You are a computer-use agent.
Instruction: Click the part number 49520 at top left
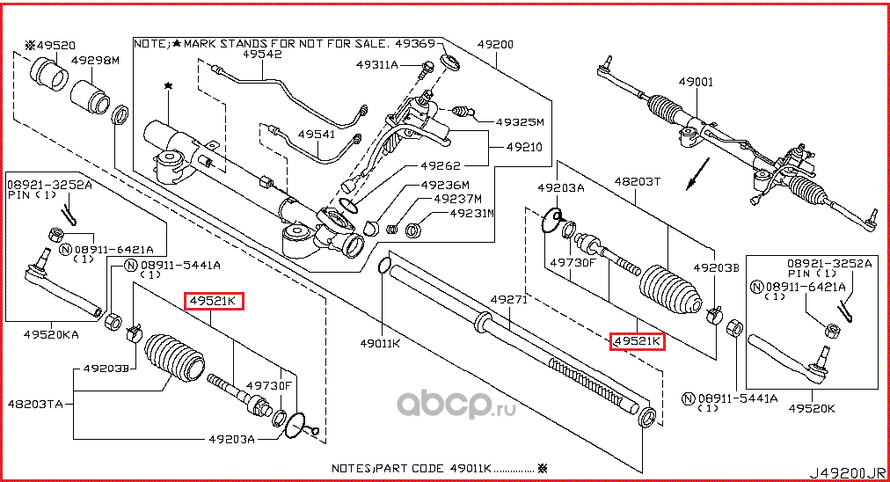[x=55, y=43]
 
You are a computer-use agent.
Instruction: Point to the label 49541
[x=315, y=134]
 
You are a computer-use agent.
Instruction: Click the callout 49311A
[x=377, y=65]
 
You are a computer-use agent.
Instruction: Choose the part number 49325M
[x=520, y=122]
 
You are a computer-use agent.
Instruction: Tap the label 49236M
[x=445, y=185]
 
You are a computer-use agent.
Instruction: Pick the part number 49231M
[x=471, y=213]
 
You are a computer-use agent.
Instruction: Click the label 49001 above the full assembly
[x=696, y=82]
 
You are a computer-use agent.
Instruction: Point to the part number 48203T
[x=637, y=180]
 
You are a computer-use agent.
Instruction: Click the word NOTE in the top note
[x=150, y=42]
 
